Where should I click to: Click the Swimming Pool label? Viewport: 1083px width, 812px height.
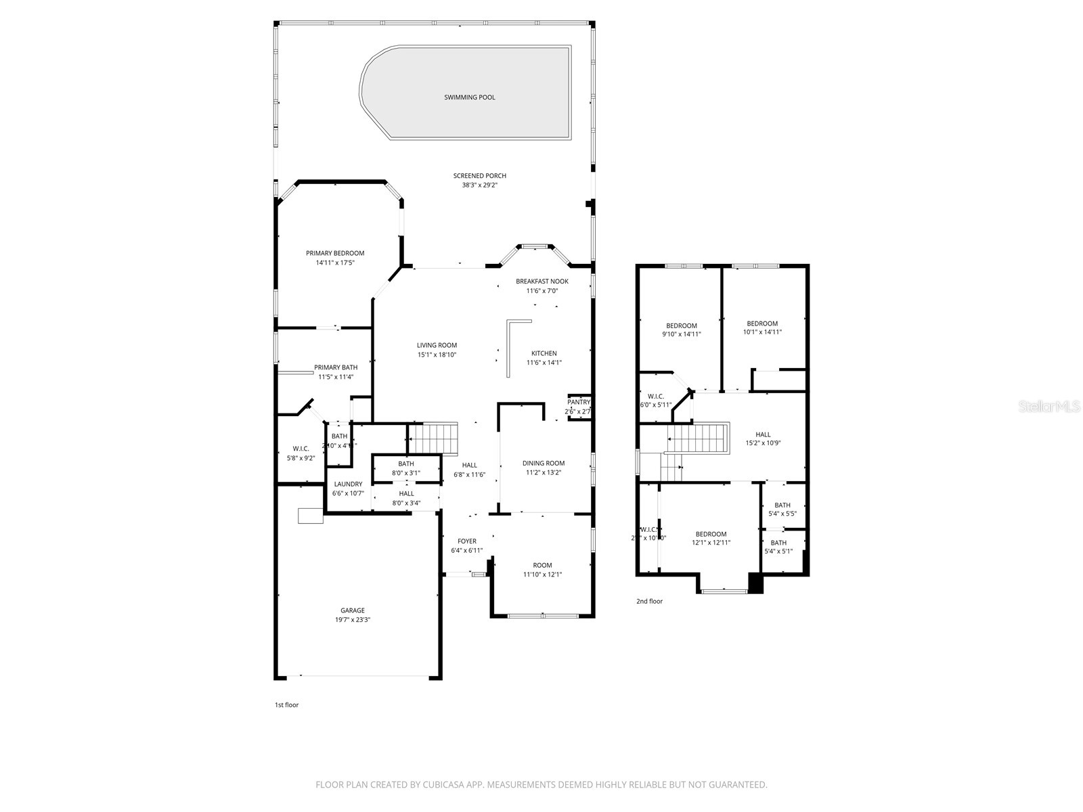[x=469, y=97]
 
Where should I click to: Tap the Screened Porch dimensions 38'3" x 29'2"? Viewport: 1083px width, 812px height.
[x=479, y=185]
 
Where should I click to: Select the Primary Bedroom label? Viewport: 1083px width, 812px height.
[x=334, y=253]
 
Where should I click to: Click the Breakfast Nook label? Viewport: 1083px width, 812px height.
[x=541, y=281]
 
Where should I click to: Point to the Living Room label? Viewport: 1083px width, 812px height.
[x=437, y=345]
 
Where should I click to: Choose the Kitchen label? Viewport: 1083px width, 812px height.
[x=544, y=353]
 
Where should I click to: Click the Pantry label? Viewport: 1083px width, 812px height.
[x=579, y=402]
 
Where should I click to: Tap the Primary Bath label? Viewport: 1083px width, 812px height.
[x=336, y=367]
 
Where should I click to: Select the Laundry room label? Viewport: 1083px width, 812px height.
[x=348, y=484]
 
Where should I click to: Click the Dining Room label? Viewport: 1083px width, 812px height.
[x=543, y=464]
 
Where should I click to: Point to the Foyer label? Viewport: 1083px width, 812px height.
[x=466, y=541]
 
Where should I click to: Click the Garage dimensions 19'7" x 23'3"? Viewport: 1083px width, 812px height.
[x=352, y=620]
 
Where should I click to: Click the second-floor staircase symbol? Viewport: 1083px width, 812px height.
[x=698, y=438]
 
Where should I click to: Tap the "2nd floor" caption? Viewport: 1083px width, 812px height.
[x=649, y=601]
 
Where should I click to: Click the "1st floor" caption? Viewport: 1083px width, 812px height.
[x=286, y=705]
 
